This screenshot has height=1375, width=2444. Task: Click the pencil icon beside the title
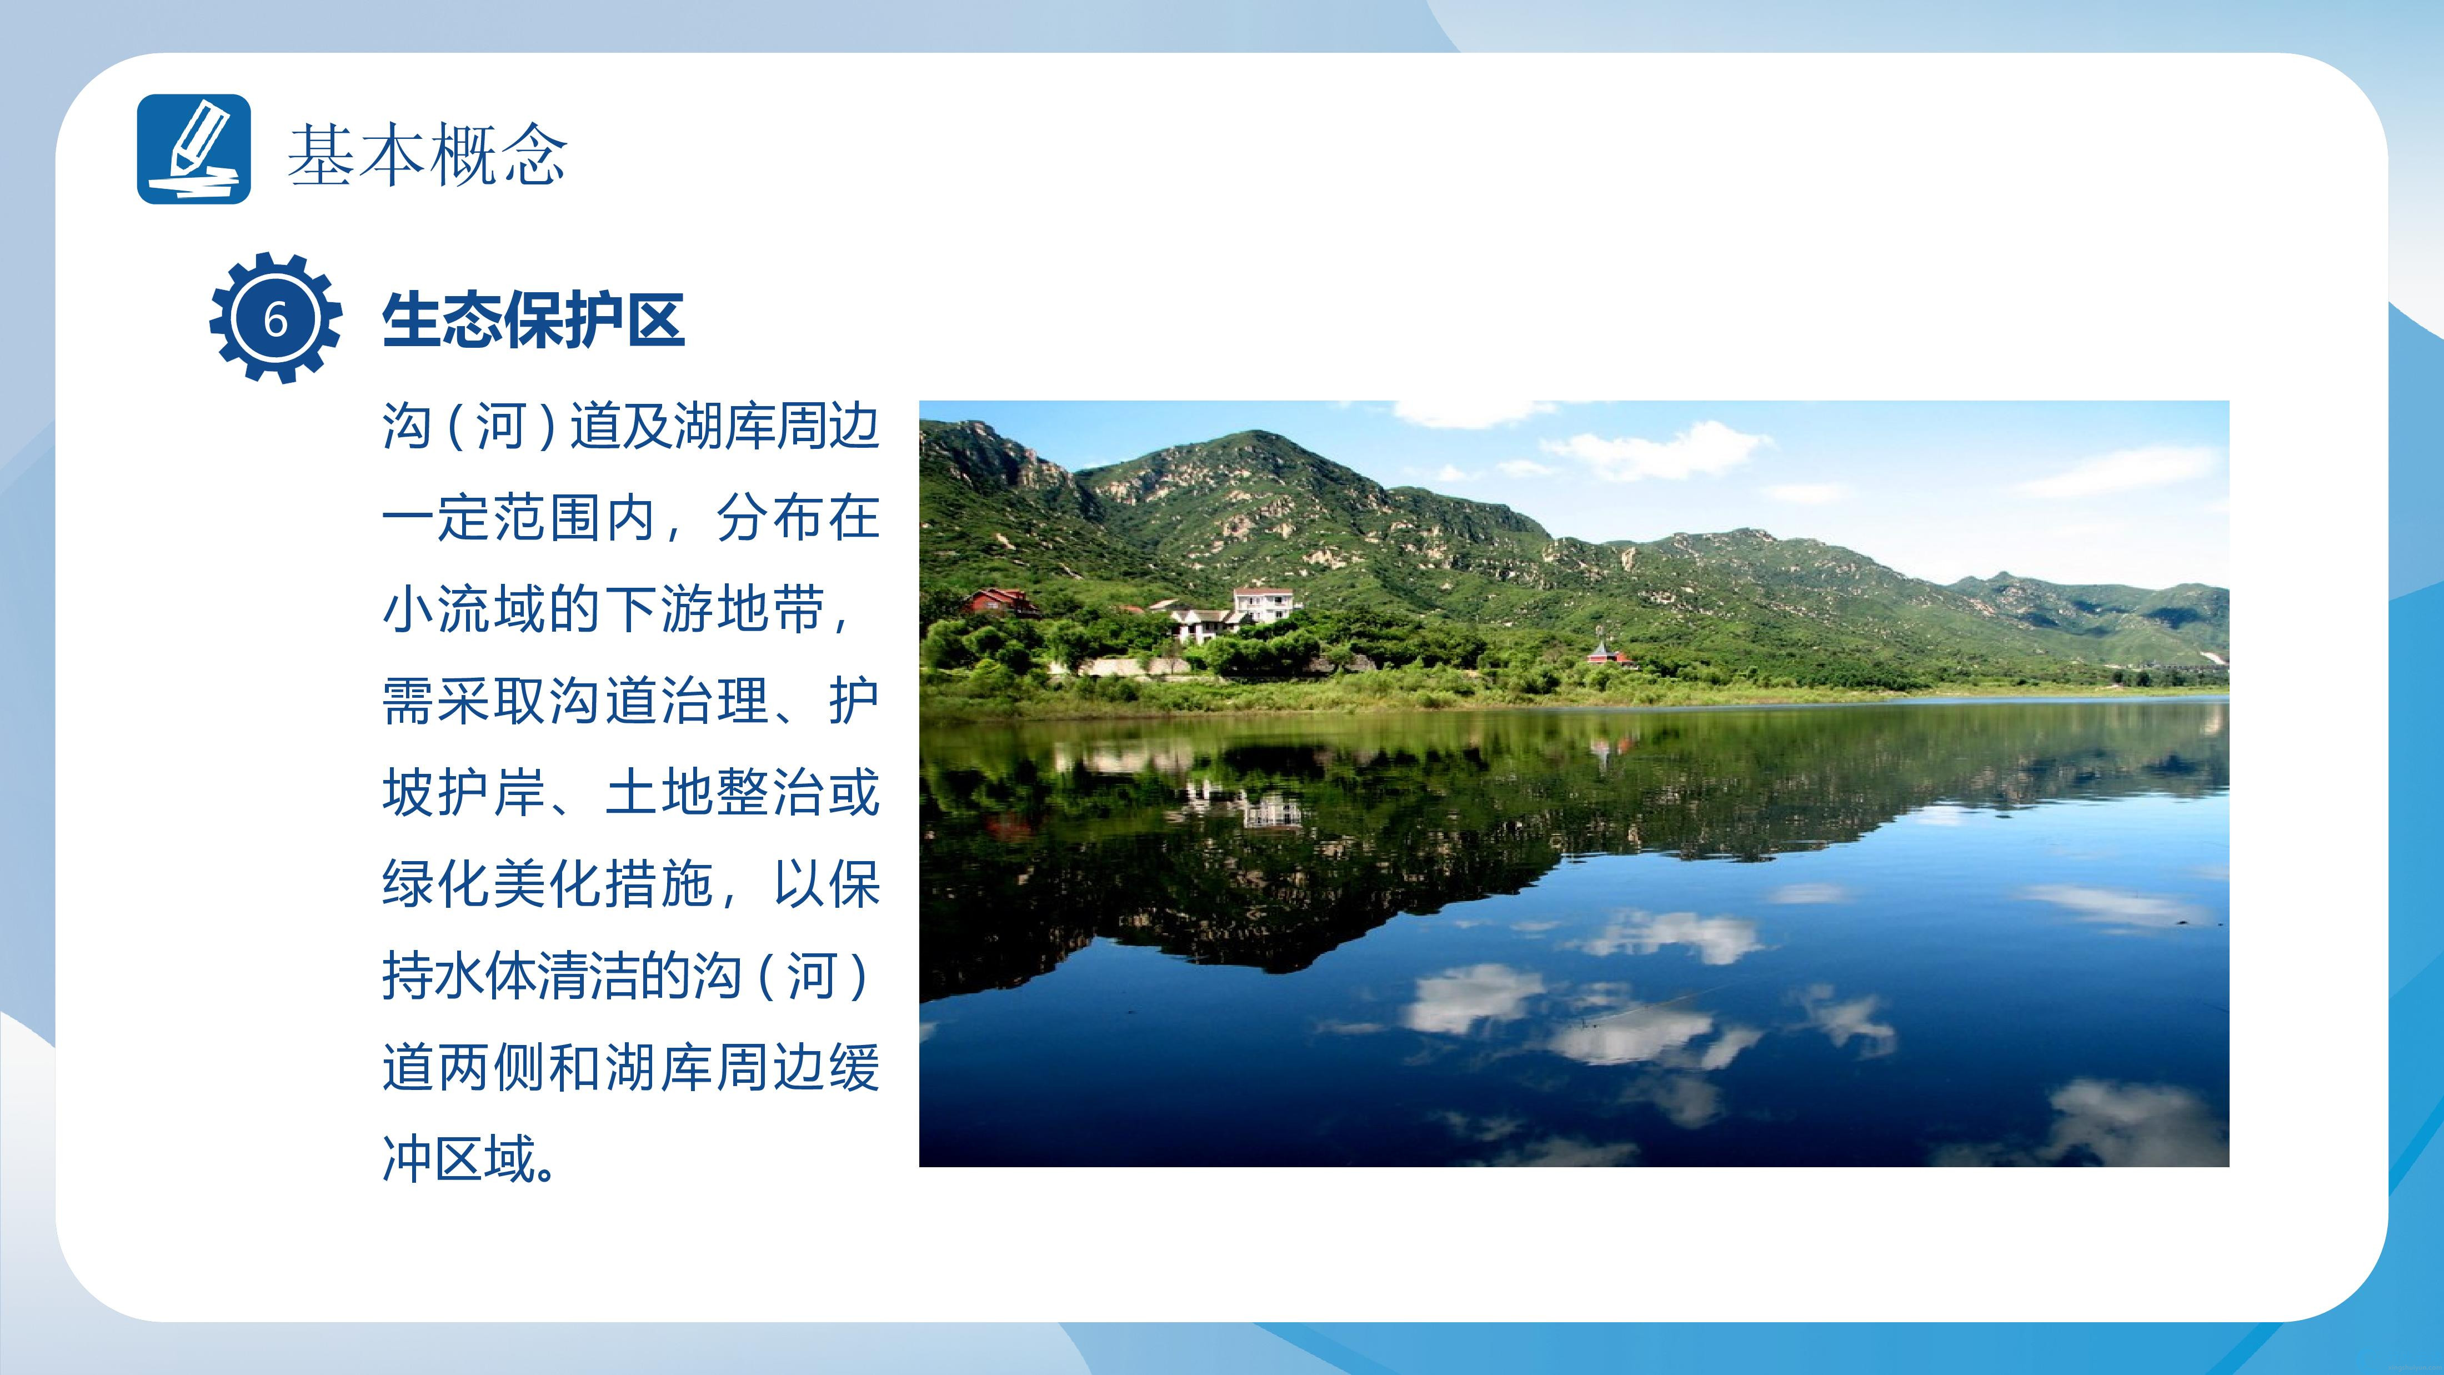point(194,149)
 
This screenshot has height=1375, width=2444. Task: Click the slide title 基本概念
point(427,154)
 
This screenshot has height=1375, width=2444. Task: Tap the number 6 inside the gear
point(275,319)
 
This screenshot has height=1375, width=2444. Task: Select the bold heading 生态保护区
point(533,320)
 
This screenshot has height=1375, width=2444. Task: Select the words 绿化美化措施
point(548,884)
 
